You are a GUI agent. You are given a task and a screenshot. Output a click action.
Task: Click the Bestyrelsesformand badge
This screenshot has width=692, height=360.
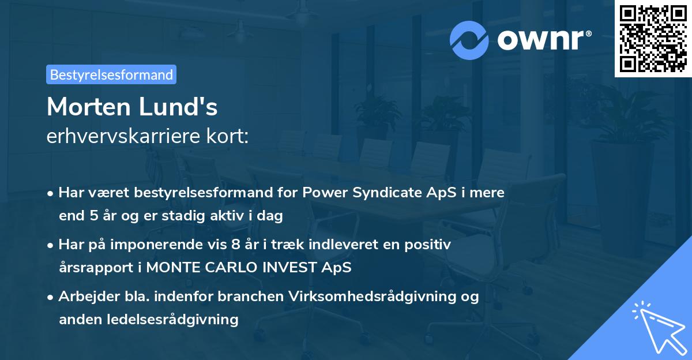pyautogui.click(x=111, y=74)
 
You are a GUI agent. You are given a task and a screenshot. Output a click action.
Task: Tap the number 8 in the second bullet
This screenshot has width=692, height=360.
pyautogui.click(x=235, y=245)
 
